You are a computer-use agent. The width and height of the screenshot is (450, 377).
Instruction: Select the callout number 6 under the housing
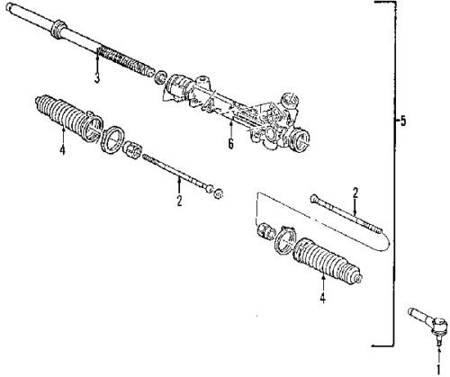click(x=229, y=143)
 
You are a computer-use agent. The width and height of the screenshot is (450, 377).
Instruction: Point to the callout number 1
click(x=439, y=367)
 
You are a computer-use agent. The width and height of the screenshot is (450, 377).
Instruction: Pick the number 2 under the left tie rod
click(x=179, y=201)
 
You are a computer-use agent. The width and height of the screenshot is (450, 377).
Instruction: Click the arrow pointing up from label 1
click(x=439, y=353)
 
